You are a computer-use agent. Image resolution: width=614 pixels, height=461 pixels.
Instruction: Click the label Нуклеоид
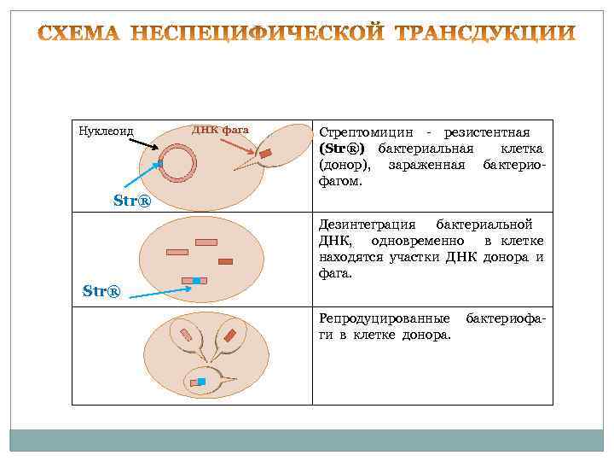coord(106,131)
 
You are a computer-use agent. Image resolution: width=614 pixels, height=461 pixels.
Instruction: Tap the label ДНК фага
coord(220,130)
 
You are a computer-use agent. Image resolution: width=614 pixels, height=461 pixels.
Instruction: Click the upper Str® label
coord(131,202)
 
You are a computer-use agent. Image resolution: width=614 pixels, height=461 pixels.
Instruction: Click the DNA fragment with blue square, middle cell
coord(194,280)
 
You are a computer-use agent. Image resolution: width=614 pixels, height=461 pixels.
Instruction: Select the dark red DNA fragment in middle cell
coord(225,261)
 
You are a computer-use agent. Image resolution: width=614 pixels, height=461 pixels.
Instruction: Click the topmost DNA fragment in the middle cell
coord(206,243)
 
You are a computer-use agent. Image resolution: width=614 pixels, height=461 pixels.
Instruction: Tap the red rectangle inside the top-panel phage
coord(265,154)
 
